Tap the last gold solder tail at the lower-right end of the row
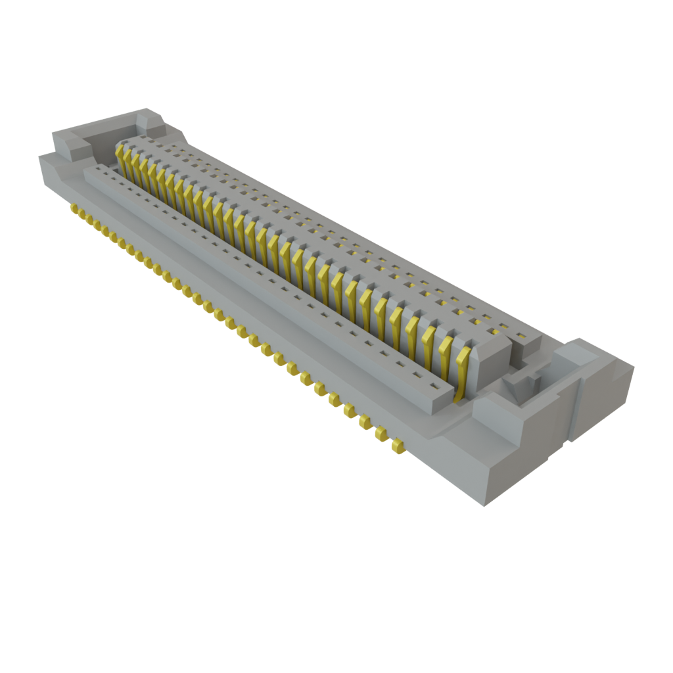coord(396,447)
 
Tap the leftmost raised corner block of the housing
coord(66,141)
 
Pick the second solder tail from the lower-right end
coord(381,433)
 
